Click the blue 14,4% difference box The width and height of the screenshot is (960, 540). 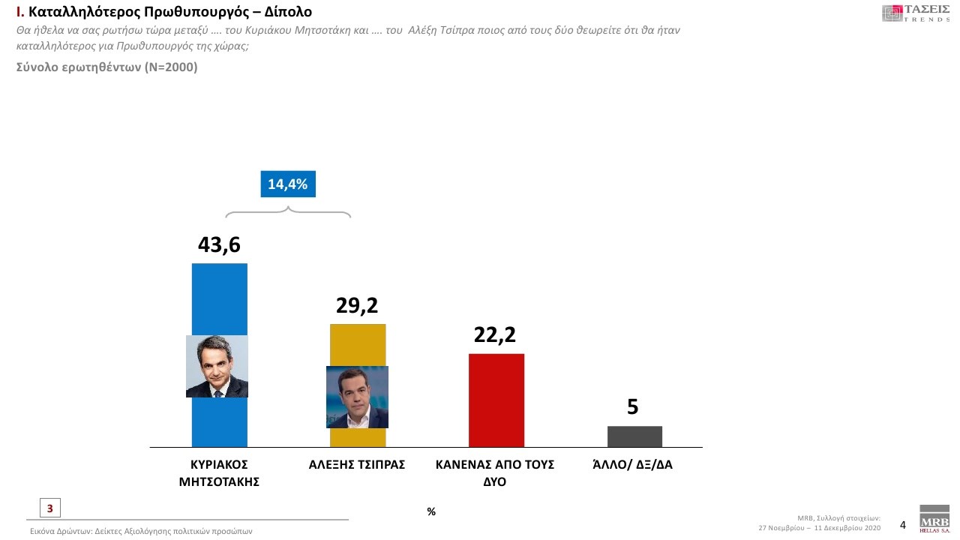tap(288, 184)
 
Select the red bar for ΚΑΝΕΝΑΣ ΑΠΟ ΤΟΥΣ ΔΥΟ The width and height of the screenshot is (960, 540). tap(496, 400)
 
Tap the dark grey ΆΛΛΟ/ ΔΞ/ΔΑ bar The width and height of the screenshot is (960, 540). tap(634, 436)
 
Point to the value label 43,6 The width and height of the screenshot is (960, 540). tap(219, 245)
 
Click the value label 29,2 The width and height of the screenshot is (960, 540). tap(357, 305)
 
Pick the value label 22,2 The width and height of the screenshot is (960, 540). tap(495, 335)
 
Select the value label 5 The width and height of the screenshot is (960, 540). tap(633, 407)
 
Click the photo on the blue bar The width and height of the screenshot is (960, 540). tap(217, 366)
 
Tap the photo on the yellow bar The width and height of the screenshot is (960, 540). tap(357, 397)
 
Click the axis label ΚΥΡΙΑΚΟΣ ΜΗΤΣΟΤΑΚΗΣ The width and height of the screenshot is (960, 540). tap(219, 472)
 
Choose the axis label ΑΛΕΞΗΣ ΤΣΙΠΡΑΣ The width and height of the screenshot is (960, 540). tap(357, 464)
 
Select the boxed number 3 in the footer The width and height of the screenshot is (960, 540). tap(49, 508)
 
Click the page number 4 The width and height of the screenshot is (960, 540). tap(903, 525)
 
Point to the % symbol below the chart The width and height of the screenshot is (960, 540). tap(431, 511)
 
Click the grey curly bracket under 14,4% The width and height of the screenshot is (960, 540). tap(288, 210)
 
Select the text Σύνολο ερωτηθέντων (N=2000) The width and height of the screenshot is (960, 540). tap(106, 67)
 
